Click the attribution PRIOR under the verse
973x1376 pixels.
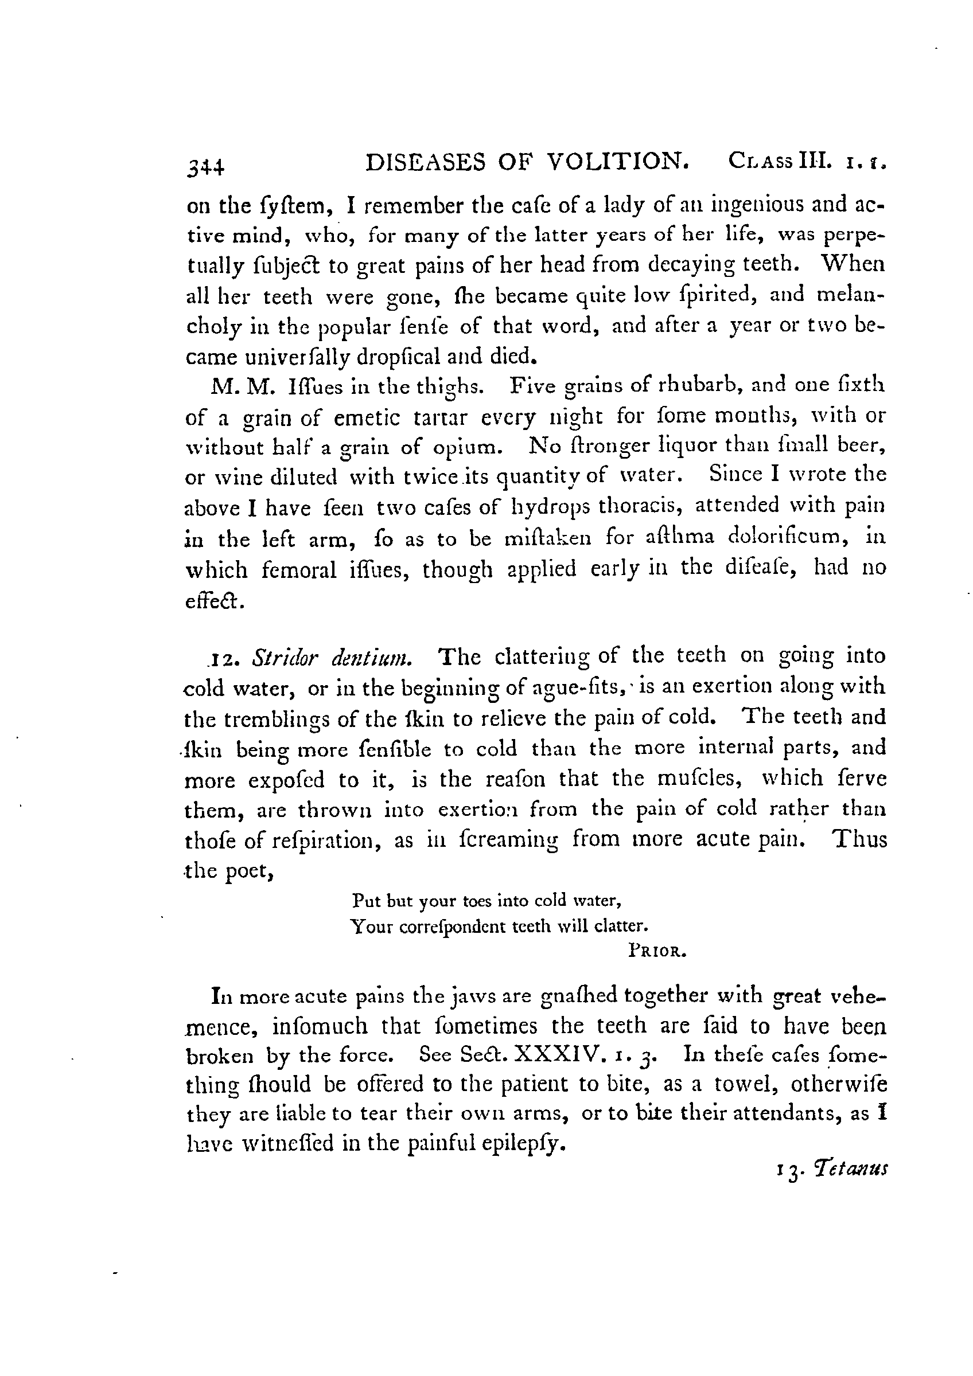pyautogui.click(x=656, y=951)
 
